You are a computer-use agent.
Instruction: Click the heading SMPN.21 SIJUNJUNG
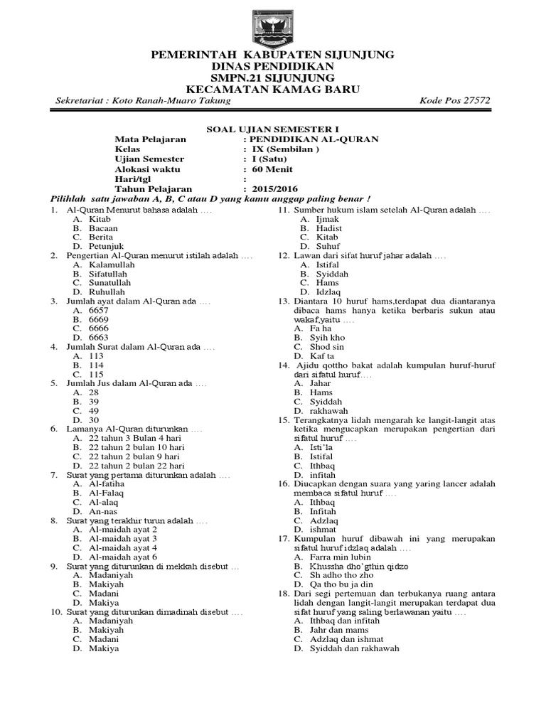(272, 77)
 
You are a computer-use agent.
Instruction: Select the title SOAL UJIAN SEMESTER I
(273, 129)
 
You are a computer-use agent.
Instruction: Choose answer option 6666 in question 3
(99, 328)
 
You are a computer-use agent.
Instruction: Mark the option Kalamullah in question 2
(112, 264)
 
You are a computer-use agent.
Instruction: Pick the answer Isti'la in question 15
(321, 447)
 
